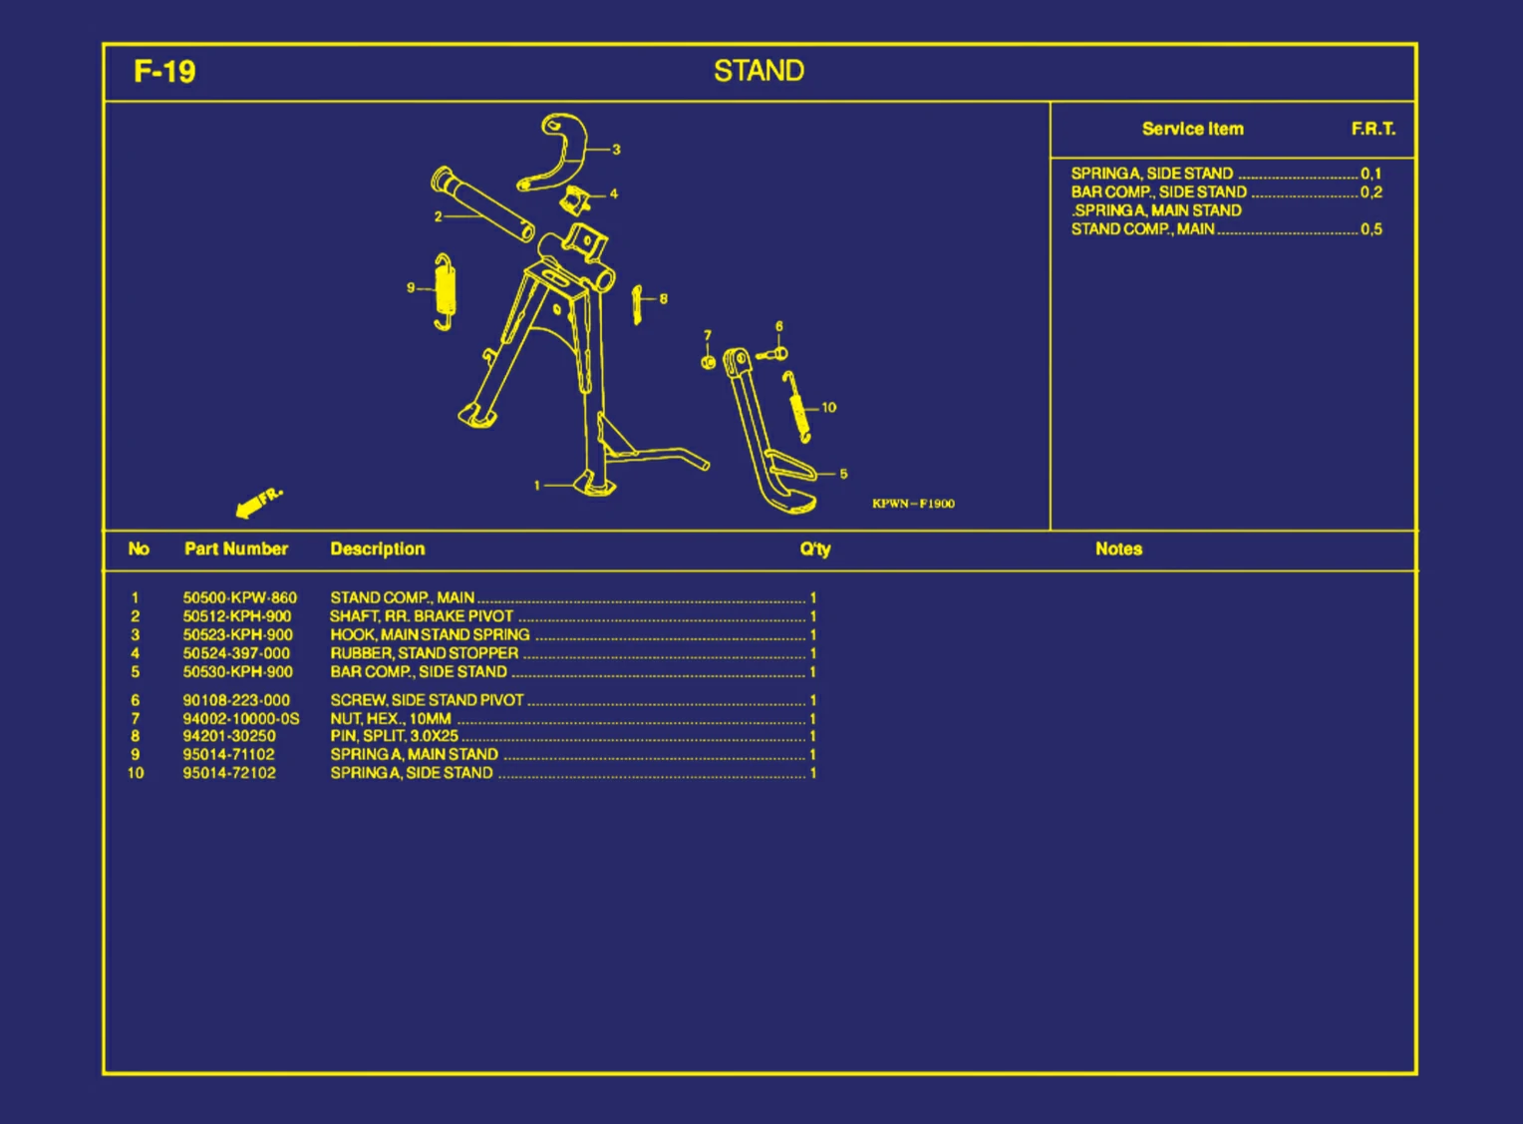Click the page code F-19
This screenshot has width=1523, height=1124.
click(164, 72)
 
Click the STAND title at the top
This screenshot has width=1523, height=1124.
click(759, 71)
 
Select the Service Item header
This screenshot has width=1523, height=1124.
click(1192, 129)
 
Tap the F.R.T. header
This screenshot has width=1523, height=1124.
click(1372, 129)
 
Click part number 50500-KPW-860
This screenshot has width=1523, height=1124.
click(239, 597)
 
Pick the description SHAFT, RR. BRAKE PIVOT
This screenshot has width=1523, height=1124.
click(422, 615)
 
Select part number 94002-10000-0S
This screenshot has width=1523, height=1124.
click(240, 718)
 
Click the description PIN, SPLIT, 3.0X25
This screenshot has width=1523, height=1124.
click(395, 735)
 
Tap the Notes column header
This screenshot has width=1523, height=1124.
click(1118, 549)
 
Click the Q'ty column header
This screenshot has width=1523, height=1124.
click(815, 549)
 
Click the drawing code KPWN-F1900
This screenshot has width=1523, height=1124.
click(913, 504)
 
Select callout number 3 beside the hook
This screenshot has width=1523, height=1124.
click(616, 149)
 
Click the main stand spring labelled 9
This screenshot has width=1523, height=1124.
click(445, 292)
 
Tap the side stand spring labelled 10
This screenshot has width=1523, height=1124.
click(796, 407)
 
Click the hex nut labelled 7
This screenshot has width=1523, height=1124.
click(708, 362)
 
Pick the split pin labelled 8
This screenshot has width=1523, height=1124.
click(637, 305)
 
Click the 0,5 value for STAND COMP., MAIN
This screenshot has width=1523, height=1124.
click(1371, 229)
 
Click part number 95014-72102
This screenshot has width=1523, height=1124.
click(229, 772)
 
